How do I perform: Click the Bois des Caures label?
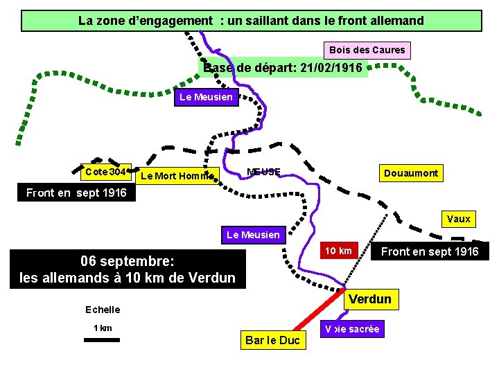(367, 51)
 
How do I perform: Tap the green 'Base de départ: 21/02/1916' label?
(284, 68)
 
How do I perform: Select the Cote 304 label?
(105, 172)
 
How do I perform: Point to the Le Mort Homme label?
(176, 176)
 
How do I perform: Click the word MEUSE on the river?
(264, 172)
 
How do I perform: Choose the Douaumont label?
(410, 173)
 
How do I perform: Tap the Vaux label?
(458, 219)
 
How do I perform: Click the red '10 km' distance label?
(338, 251)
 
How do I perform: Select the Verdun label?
(370, 299)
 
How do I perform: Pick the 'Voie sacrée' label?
(353, 329)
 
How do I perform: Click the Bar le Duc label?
(272, 340)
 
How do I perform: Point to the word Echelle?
(103, 310)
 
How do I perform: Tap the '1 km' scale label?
(103, 328)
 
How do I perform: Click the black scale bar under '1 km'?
(102, 339)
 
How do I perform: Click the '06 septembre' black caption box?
(128, 269)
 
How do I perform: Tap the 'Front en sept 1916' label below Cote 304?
(76, 193)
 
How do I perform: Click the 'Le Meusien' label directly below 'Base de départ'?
(206, 97)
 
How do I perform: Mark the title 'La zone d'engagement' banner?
(251, 21)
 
